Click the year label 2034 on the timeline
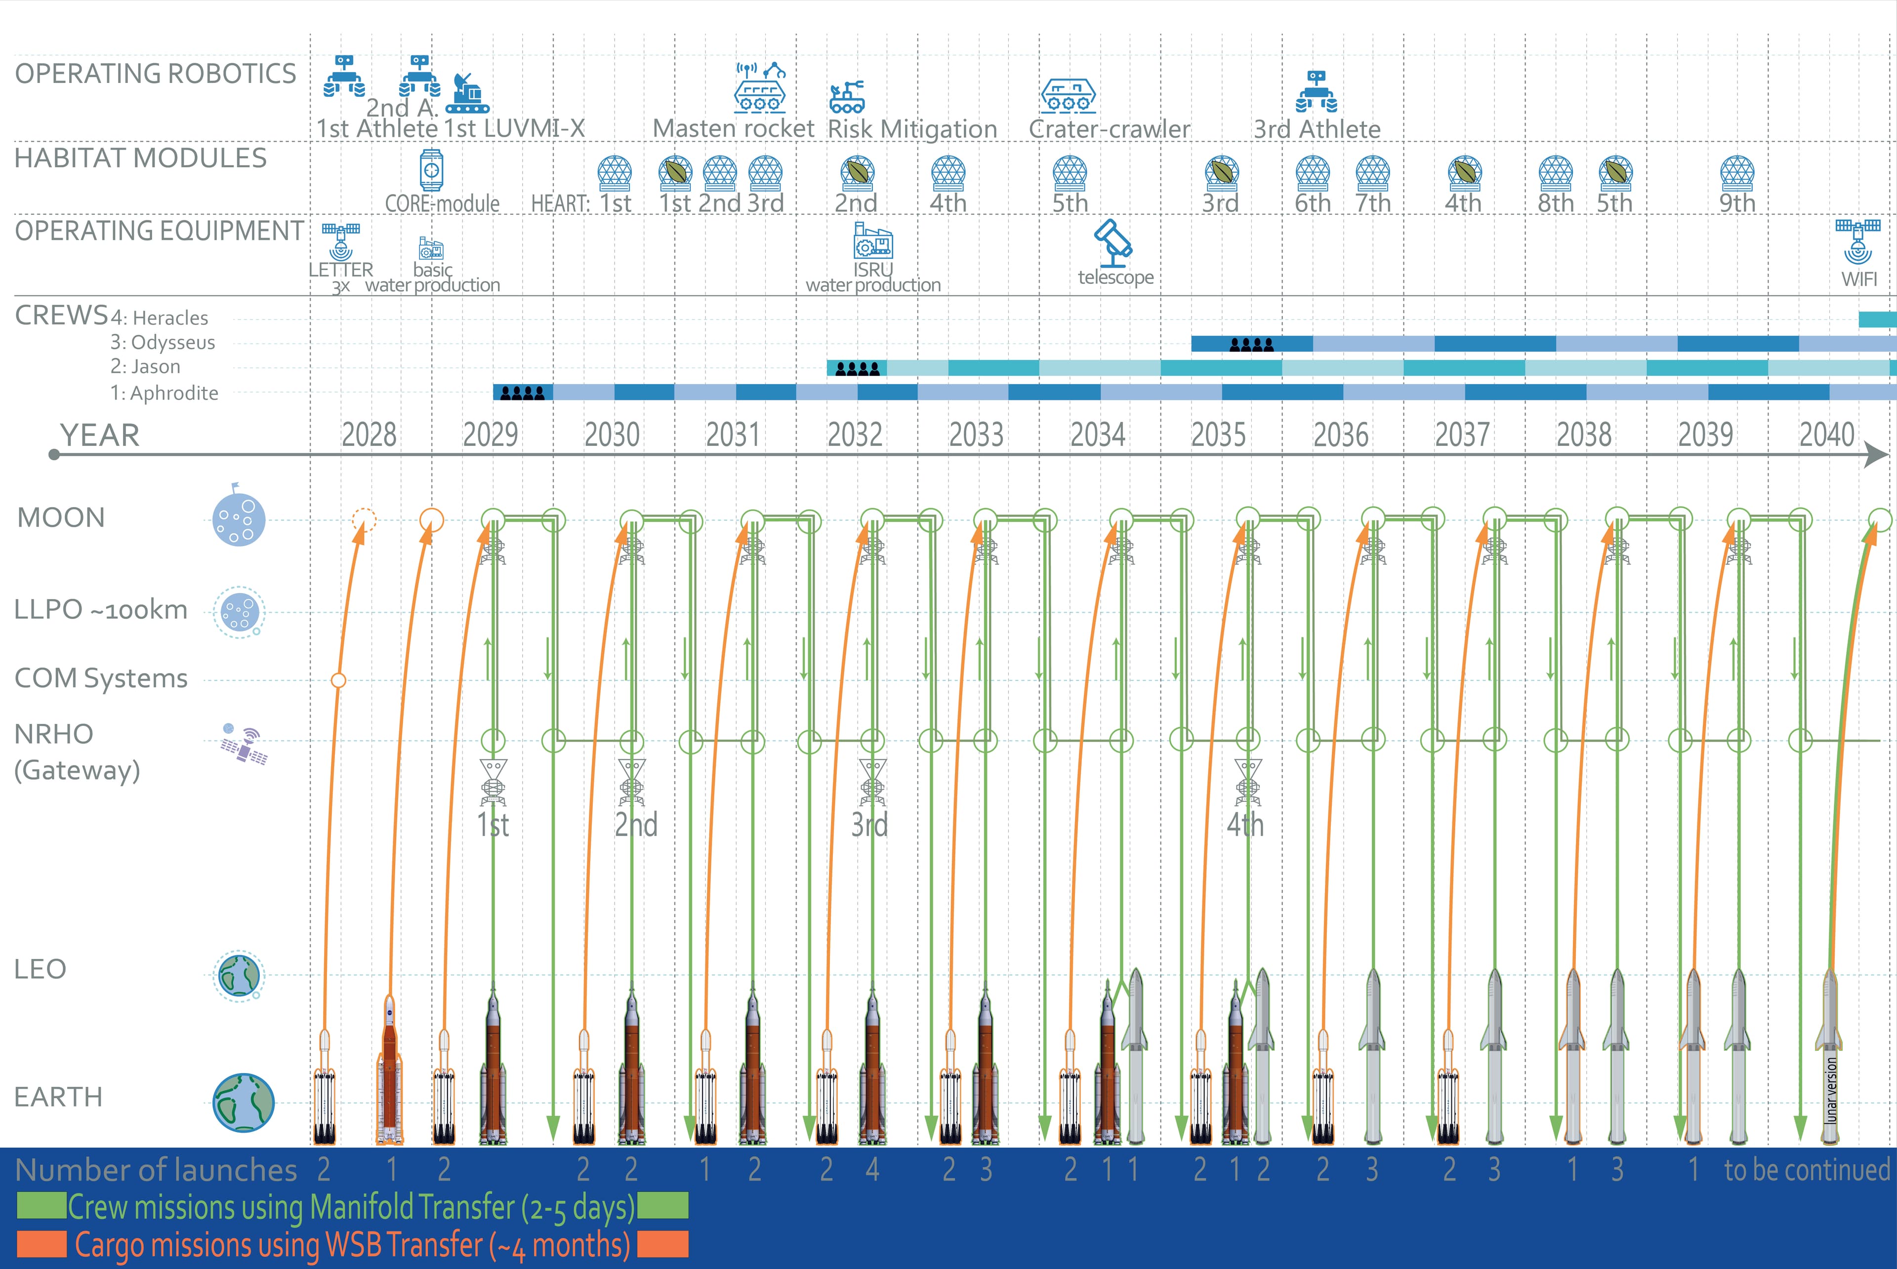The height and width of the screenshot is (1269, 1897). (x=1097, y=436)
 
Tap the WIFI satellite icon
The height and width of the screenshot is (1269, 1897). (x=1858, y=241)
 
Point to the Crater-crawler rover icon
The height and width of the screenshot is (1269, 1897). (x=1069, y=95)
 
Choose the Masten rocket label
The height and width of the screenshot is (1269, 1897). (x=733, y=129)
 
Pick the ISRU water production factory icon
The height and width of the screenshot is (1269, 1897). (x=873, y=240)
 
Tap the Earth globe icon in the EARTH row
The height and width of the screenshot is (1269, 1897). (x=243, y=1102)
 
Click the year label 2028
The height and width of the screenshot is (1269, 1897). (x=369, y=436)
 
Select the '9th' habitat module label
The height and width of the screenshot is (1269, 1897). (x=1737, y=203)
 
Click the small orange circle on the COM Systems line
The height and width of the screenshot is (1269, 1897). (x=338, y=680)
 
